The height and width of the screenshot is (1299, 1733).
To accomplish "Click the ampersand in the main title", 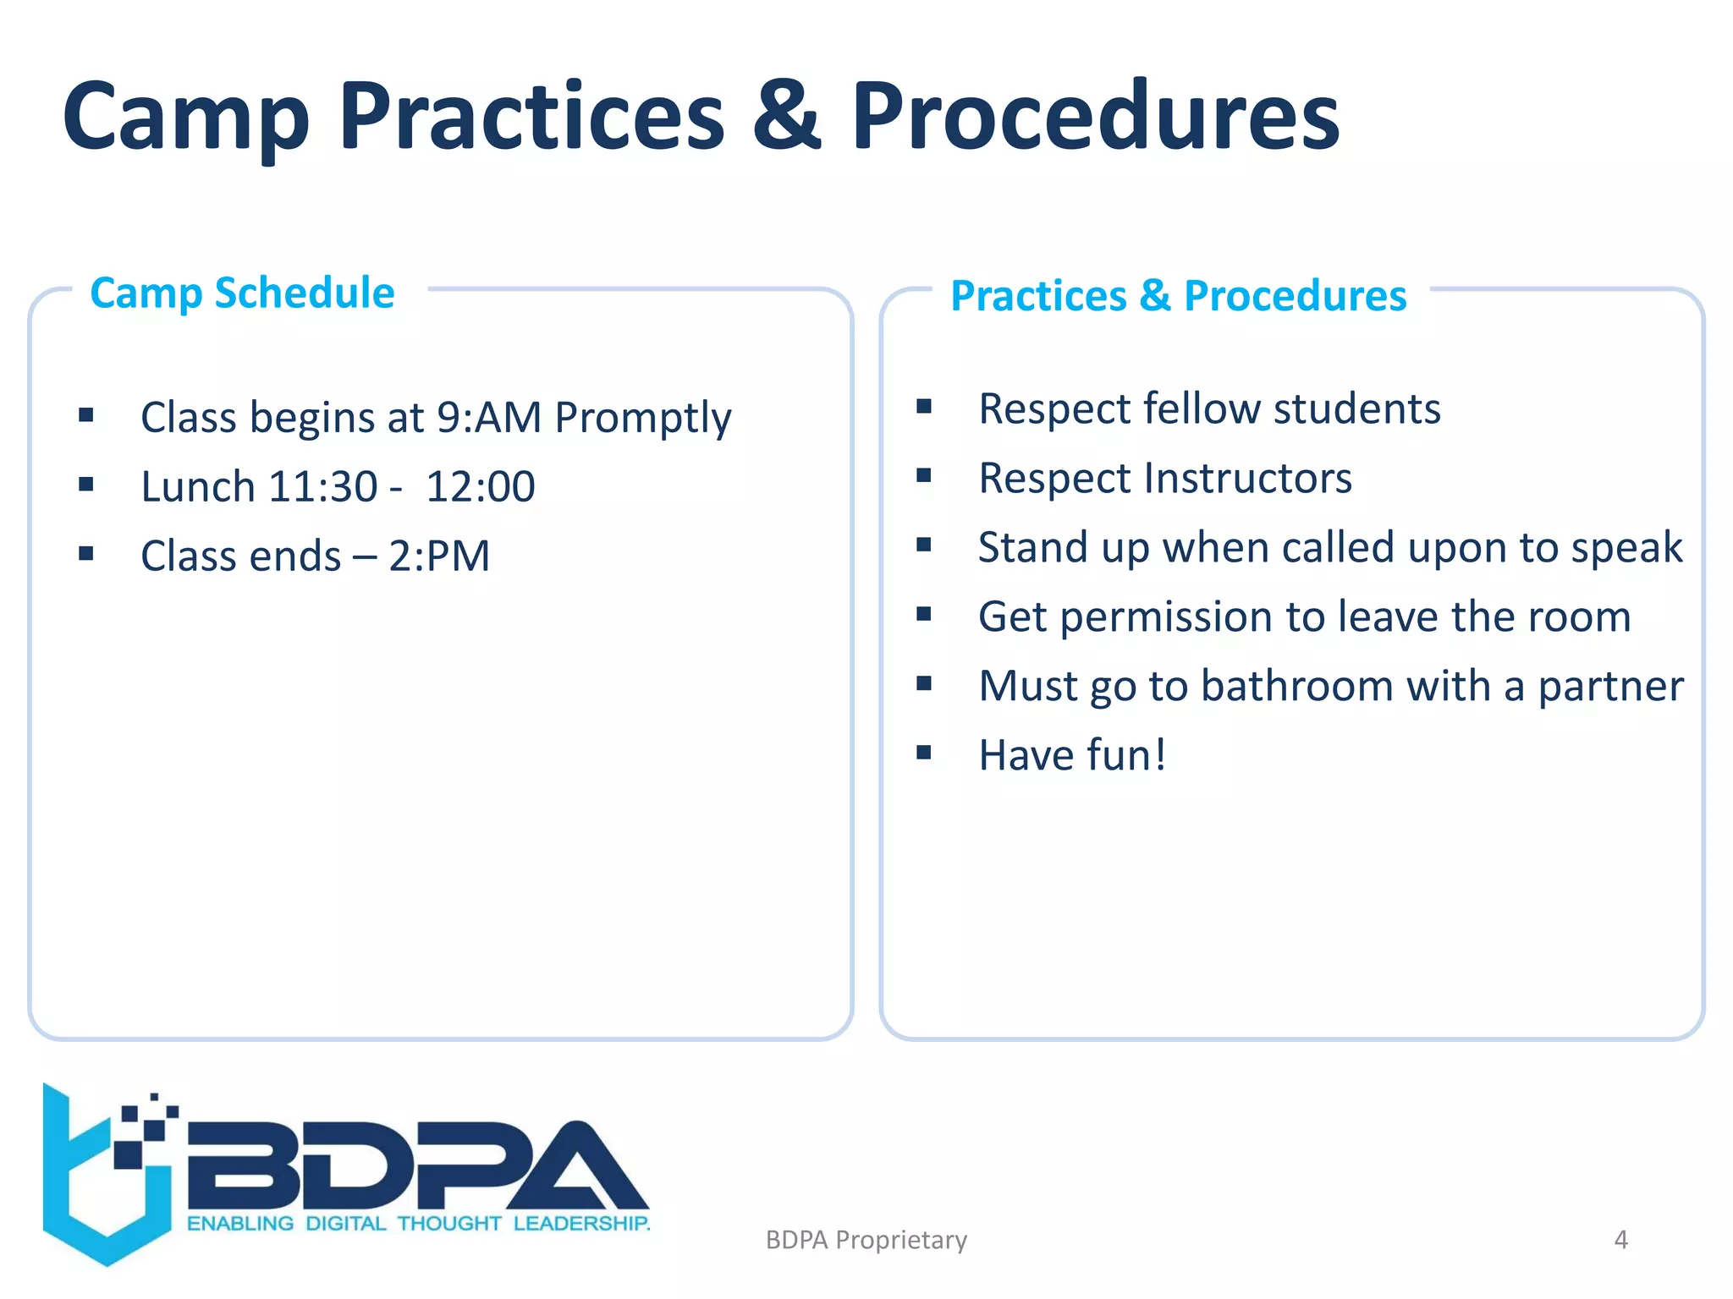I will [786, 116].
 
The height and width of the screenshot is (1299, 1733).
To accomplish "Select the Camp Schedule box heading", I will [242, 293].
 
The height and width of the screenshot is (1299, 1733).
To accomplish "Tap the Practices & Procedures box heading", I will [1178, 296].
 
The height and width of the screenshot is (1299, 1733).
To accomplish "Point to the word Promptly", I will [642, 419].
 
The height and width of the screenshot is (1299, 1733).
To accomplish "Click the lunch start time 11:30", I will [322, 487].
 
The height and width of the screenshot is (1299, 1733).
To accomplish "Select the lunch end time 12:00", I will [480, 487].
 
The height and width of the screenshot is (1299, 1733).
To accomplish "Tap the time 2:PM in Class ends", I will [439, 556].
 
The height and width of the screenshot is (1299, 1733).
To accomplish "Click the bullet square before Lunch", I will [85, 485].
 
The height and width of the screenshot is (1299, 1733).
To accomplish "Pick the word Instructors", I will [1247, 479].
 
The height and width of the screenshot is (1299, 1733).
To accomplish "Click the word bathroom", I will [1296, 686].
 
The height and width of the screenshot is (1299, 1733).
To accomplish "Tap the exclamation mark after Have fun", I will [1159, 754].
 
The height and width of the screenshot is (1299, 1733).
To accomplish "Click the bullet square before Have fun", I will [923, 752].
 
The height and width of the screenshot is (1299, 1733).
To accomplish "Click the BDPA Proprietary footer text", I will [866, 1240].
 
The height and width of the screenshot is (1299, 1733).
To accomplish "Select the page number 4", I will [1620, 1240].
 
